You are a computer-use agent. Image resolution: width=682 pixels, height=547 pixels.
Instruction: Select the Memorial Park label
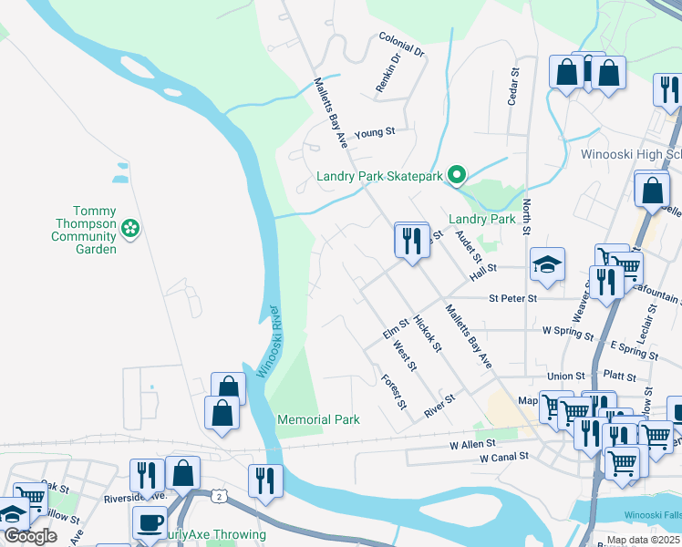pos(318,419)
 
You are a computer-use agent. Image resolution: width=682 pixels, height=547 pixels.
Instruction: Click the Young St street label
pos(374,131)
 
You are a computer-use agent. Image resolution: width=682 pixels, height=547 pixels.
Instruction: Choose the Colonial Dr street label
pos(401,46)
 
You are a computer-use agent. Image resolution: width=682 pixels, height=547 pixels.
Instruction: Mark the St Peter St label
pos(512,297)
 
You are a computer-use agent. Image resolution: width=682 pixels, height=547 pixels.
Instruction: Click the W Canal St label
pos(504,456)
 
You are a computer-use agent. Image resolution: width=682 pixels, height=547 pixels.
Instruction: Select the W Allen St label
pos(472,444)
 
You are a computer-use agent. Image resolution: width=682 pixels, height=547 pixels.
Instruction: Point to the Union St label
pos(565,376)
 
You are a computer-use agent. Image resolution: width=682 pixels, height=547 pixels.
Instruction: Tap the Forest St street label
pos(394,393)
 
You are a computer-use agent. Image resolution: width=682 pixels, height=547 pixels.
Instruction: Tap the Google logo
pos(31,536)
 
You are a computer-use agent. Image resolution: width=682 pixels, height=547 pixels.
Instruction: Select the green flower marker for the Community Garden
pos(130,228)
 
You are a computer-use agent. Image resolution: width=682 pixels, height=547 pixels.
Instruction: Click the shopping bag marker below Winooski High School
pos(651,191)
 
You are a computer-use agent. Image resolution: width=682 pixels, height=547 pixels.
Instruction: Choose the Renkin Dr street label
pos(388,74)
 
